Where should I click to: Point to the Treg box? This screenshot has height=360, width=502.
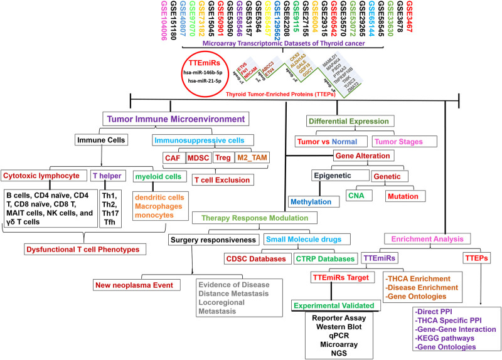[x=222, y=158]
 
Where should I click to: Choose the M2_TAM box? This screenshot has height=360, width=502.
[x=254, y=158]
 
